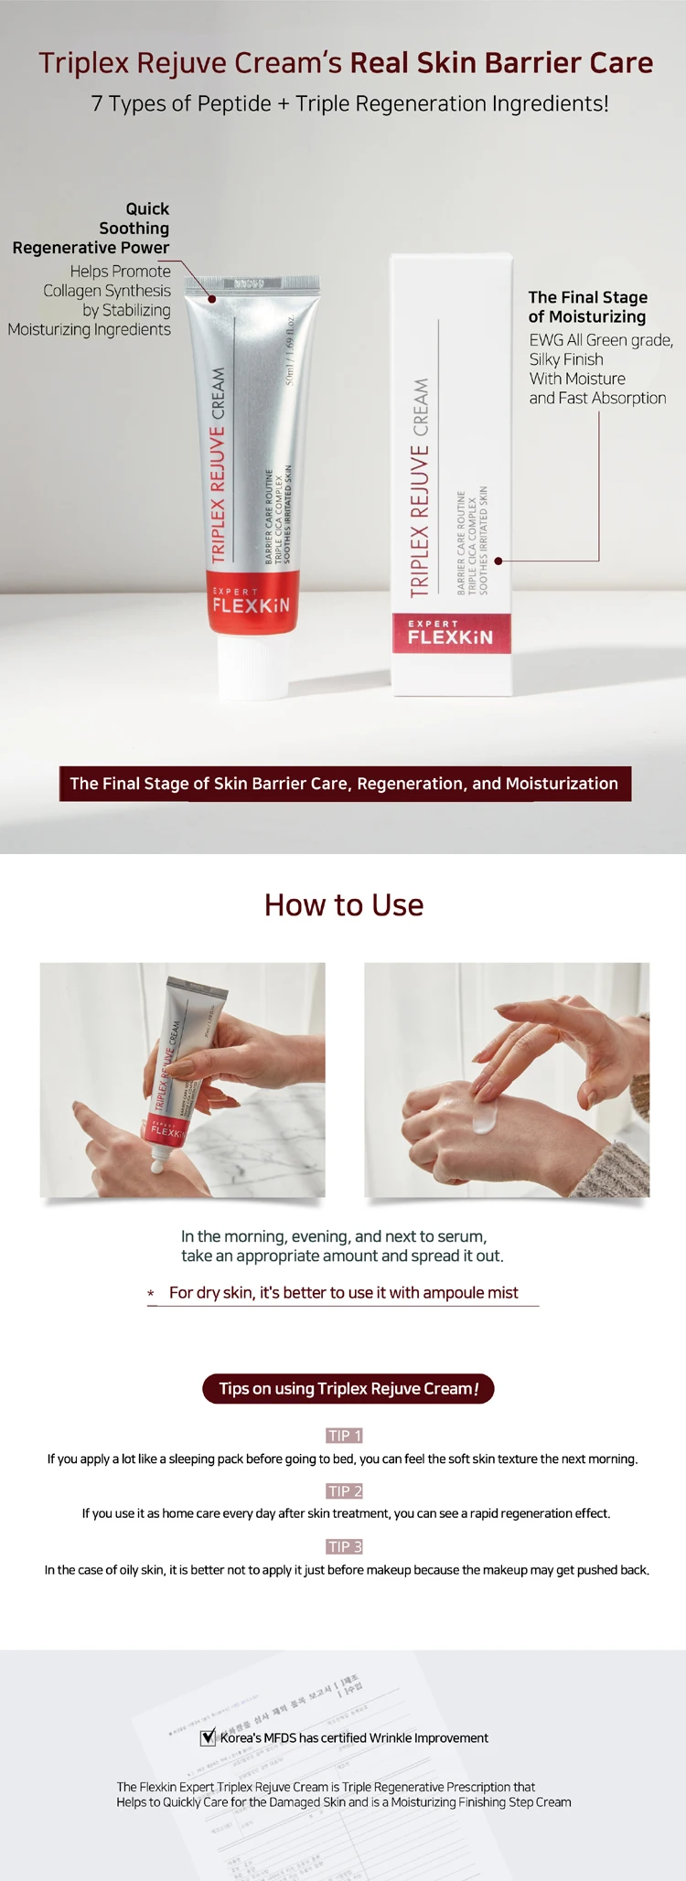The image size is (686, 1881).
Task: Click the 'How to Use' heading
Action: pyautogui.click(x=344, y=905)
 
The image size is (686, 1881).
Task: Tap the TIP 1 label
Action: pyautogui.click(x=345, y=1436)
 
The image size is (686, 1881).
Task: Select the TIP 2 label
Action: pyautogui.click(x=345, y=1491)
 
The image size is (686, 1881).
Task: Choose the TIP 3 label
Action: pyautogui.click(x=345, y=1546)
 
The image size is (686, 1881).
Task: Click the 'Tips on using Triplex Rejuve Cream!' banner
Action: pyautogui.click(x=348, y=1388)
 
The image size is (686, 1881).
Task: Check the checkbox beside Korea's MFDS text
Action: pyautogui.click(x=209, y=1737)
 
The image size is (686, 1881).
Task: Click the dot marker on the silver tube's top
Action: pyautogui.click(x=212, y=299)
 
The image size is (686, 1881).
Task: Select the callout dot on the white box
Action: pyautogui.click(x=498, y=561)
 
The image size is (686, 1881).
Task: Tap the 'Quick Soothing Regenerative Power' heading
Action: pyautogui.click(x=101, y=229)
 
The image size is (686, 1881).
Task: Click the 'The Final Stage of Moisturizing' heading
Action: pyautogui.click(x=587, y=307)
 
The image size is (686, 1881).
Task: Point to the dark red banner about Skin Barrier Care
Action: pyautogui.click(x=345, y=784)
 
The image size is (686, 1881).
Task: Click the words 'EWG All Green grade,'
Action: pyautogui.click(x=601, y=340)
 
